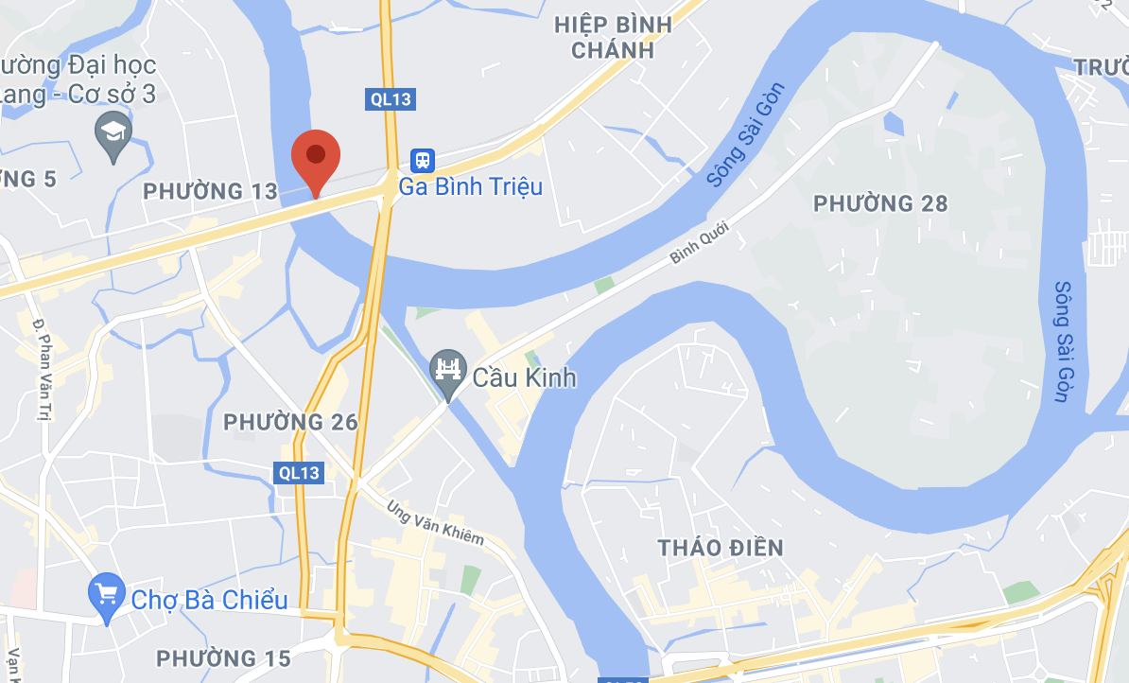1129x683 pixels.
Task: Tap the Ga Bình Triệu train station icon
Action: [422, 160]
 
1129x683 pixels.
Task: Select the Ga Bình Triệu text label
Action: [471, 186]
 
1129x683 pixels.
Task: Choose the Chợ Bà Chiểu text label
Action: [209, 600]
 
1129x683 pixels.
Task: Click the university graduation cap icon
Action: [114, 133]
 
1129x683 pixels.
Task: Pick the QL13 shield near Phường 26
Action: [300, 472]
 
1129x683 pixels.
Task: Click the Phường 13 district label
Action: [210, 192]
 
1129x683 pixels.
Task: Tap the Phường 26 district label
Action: [290, 422]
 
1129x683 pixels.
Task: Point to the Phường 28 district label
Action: [879, 203]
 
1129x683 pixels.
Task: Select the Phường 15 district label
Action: [223, 658]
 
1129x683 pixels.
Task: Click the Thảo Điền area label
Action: [721, 548]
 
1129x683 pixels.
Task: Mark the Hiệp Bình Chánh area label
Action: [613, 38]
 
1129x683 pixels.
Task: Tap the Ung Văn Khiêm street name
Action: [434, 522]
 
